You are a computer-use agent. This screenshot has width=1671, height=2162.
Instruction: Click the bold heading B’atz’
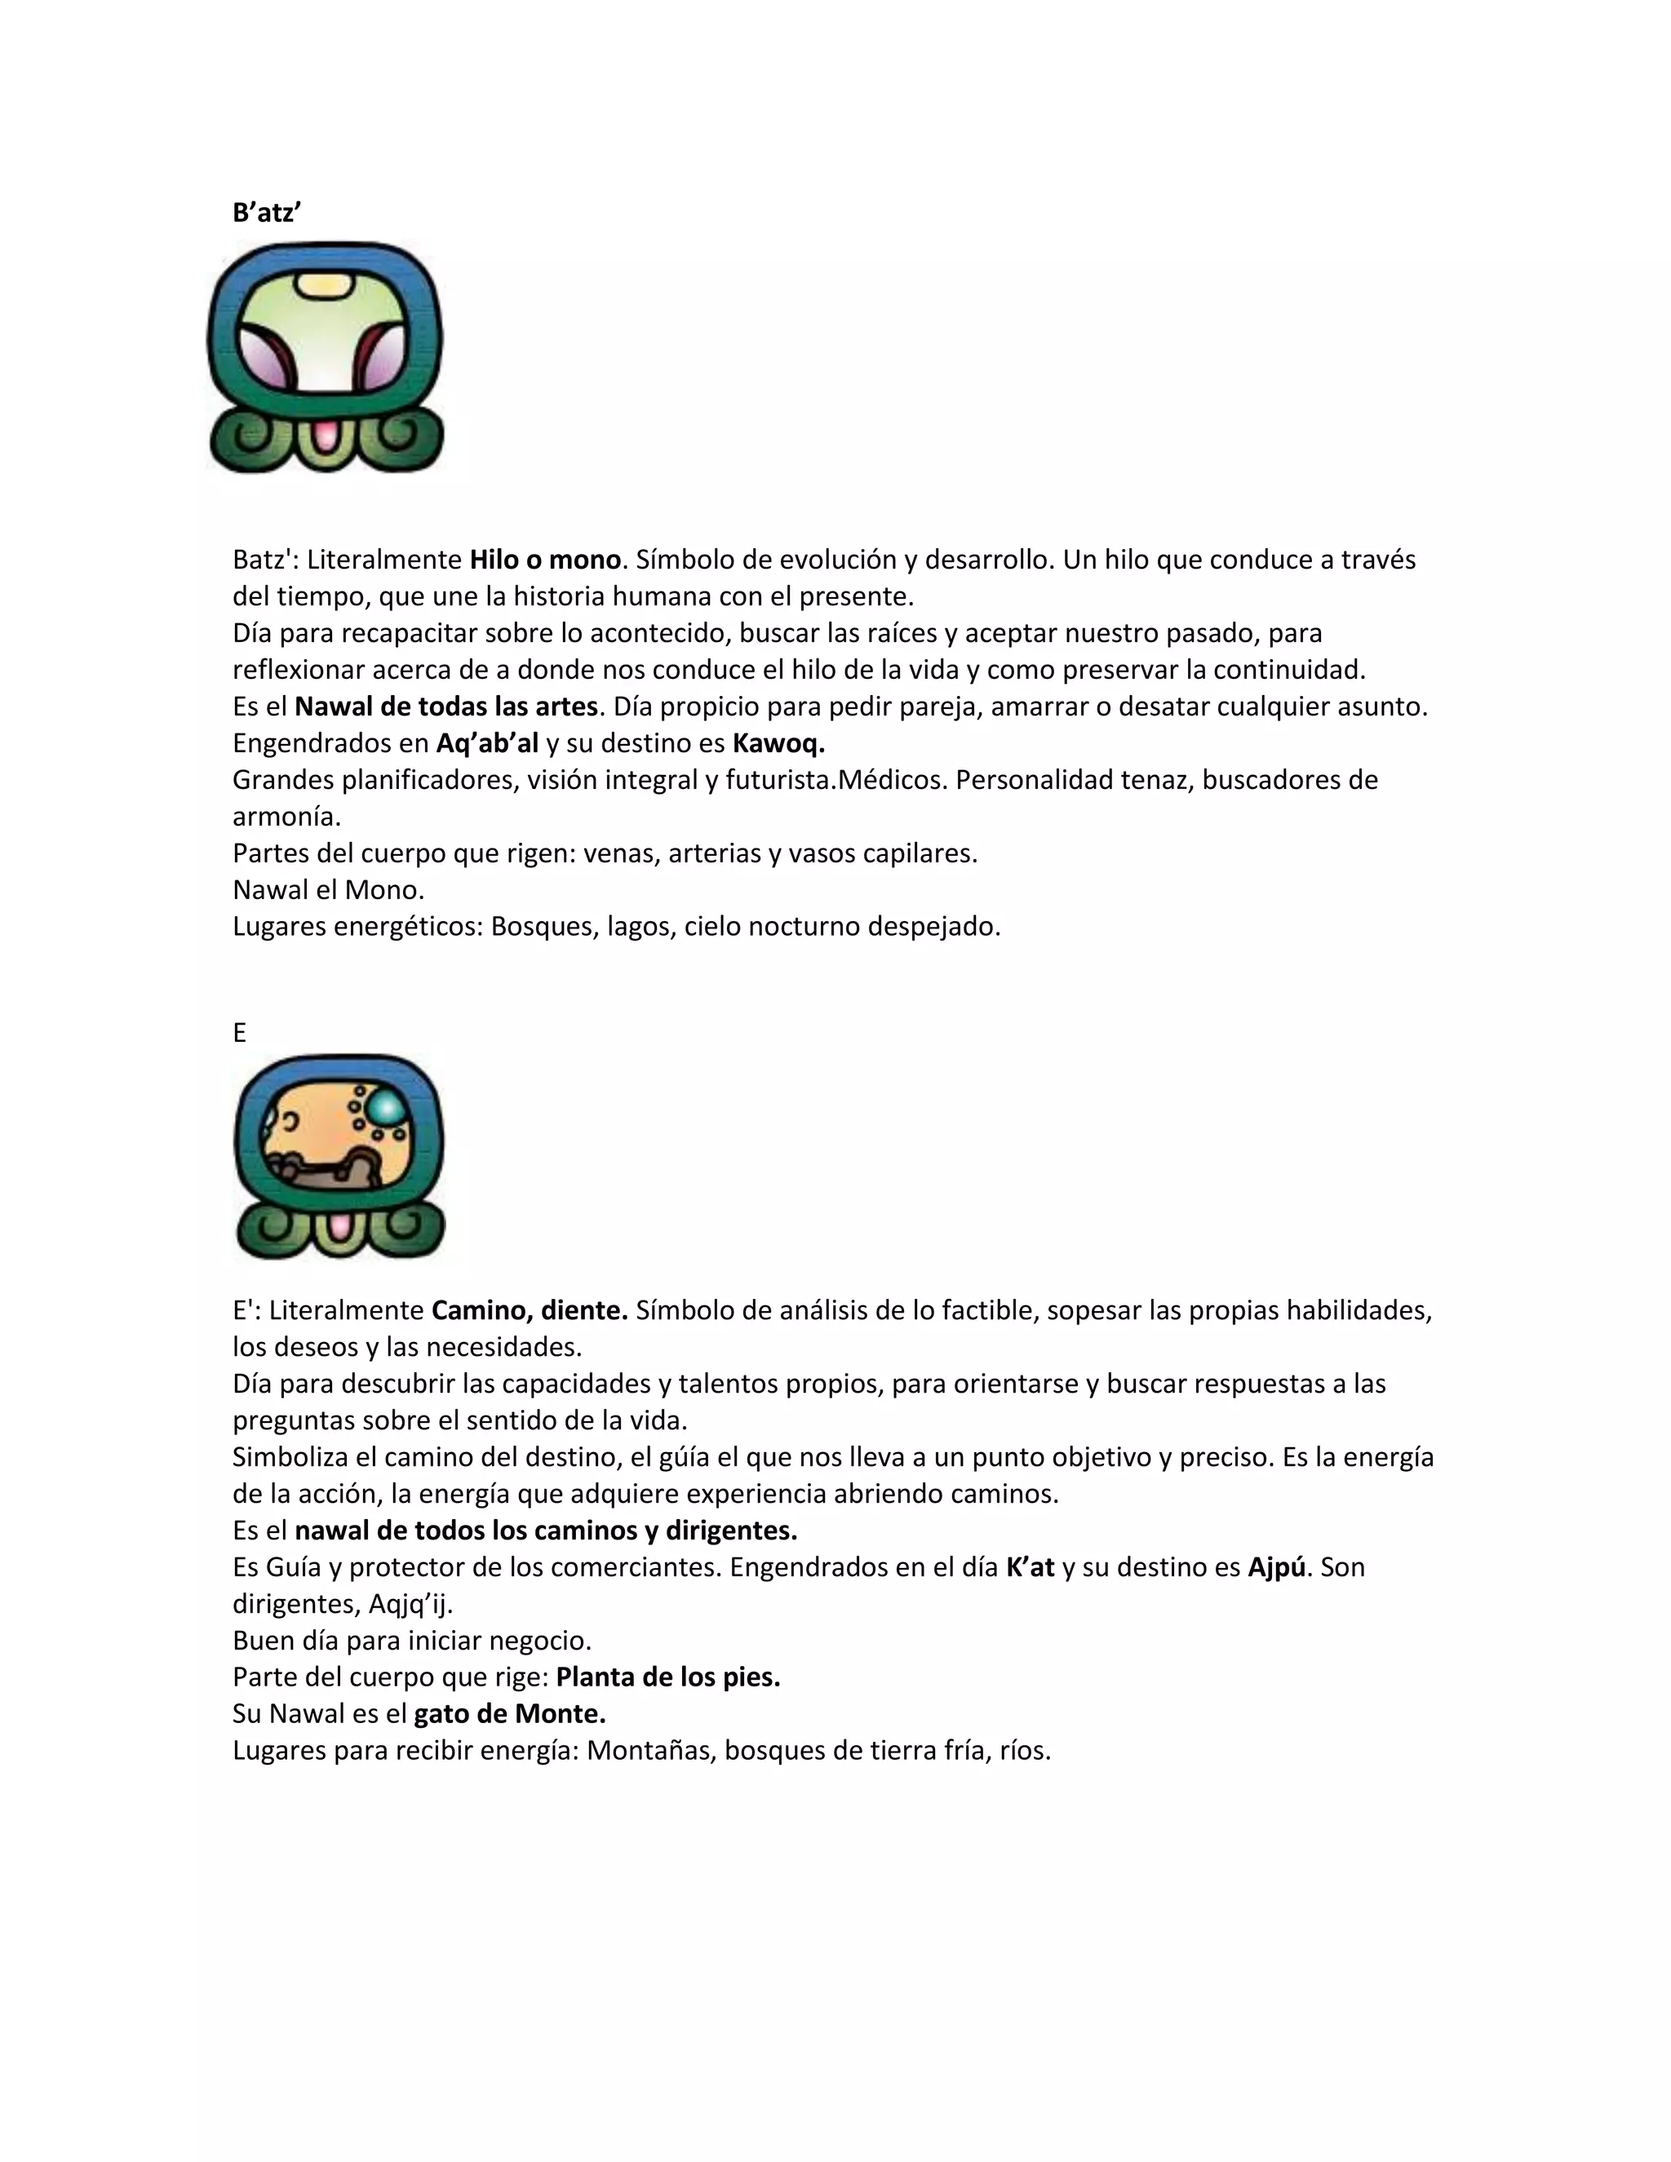coord(266,213)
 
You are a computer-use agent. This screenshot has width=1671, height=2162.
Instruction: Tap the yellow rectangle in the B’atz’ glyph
coord(325,285)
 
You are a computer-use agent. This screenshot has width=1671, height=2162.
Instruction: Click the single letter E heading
coord(240,1033)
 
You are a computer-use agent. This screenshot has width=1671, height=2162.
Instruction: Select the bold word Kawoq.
coord(778,743)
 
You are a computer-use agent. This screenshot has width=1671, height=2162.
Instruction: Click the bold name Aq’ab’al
coord(487,743)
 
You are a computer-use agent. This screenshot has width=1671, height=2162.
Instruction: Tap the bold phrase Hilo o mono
coord(544,560)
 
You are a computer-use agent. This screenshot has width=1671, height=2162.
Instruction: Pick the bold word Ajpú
coord(1276,1567)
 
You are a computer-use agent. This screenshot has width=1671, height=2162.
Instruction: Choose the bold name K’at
coord(1030,1567)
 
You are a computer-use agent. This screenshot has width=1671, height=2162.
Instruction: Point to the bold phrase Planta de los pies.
coord(668,1677)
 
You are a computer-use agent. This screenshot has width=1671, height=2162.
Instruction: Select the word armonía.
coord(286,817)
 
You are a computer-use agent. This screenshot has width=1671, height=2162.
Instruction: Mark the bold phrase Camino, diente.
coord(530,1311)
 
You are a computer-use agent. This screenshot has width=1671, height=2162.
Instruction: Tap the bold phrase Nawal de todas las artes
coord(446,707)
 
